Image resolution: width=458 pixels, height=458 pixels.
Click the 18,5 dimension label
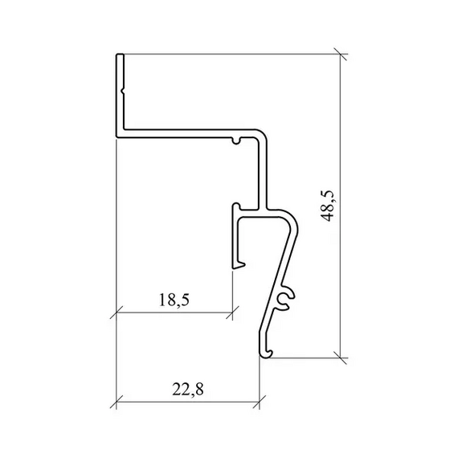tap(174, 300)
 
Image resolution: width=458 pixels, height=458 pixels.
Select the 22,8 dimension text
tap(187, 389)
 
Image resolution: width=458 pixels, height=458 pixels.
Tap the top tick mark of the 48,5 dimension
tap(341, 54)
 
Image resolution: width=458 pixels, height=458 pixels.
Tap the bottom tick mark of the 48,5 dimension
tap(341, 358)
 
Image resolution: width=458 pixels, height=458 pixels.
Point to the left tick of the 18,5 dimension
tap(117, 313)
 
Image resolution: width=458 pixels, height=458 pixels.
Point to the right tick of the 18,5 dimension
tap(232, 313)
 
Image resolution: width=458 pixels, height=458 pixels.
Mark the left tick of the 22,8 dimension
tap(117, 402)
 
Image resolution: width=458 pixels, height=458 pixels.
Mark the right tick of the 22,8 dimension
tap(260, 402)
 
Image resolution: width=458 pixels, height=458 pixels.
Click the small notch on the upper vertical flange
tap(123, 92)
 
